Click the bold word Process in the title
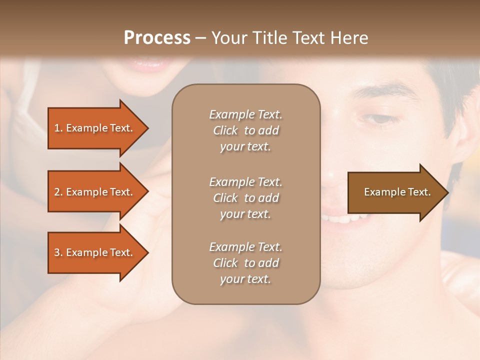tap(157, 38)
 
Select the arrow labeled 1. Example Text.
tap(93, 128)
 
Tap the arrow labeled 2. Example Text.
tap(93, 192)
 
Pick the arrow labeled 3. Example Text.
tap(93, 252)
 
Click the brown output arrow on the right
tap(395, 192)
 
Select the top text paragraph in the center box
tap(245, 130)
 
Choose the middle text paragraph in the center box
tap(245, 198)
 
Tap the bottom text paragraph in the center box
tap(245, 263)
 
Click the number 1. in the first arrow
tap(58, 128)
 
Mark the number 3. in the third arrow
tap(58, 252)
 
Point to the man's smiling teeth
tap(345, 218)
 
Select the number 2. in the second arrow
tap(58, 192)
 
